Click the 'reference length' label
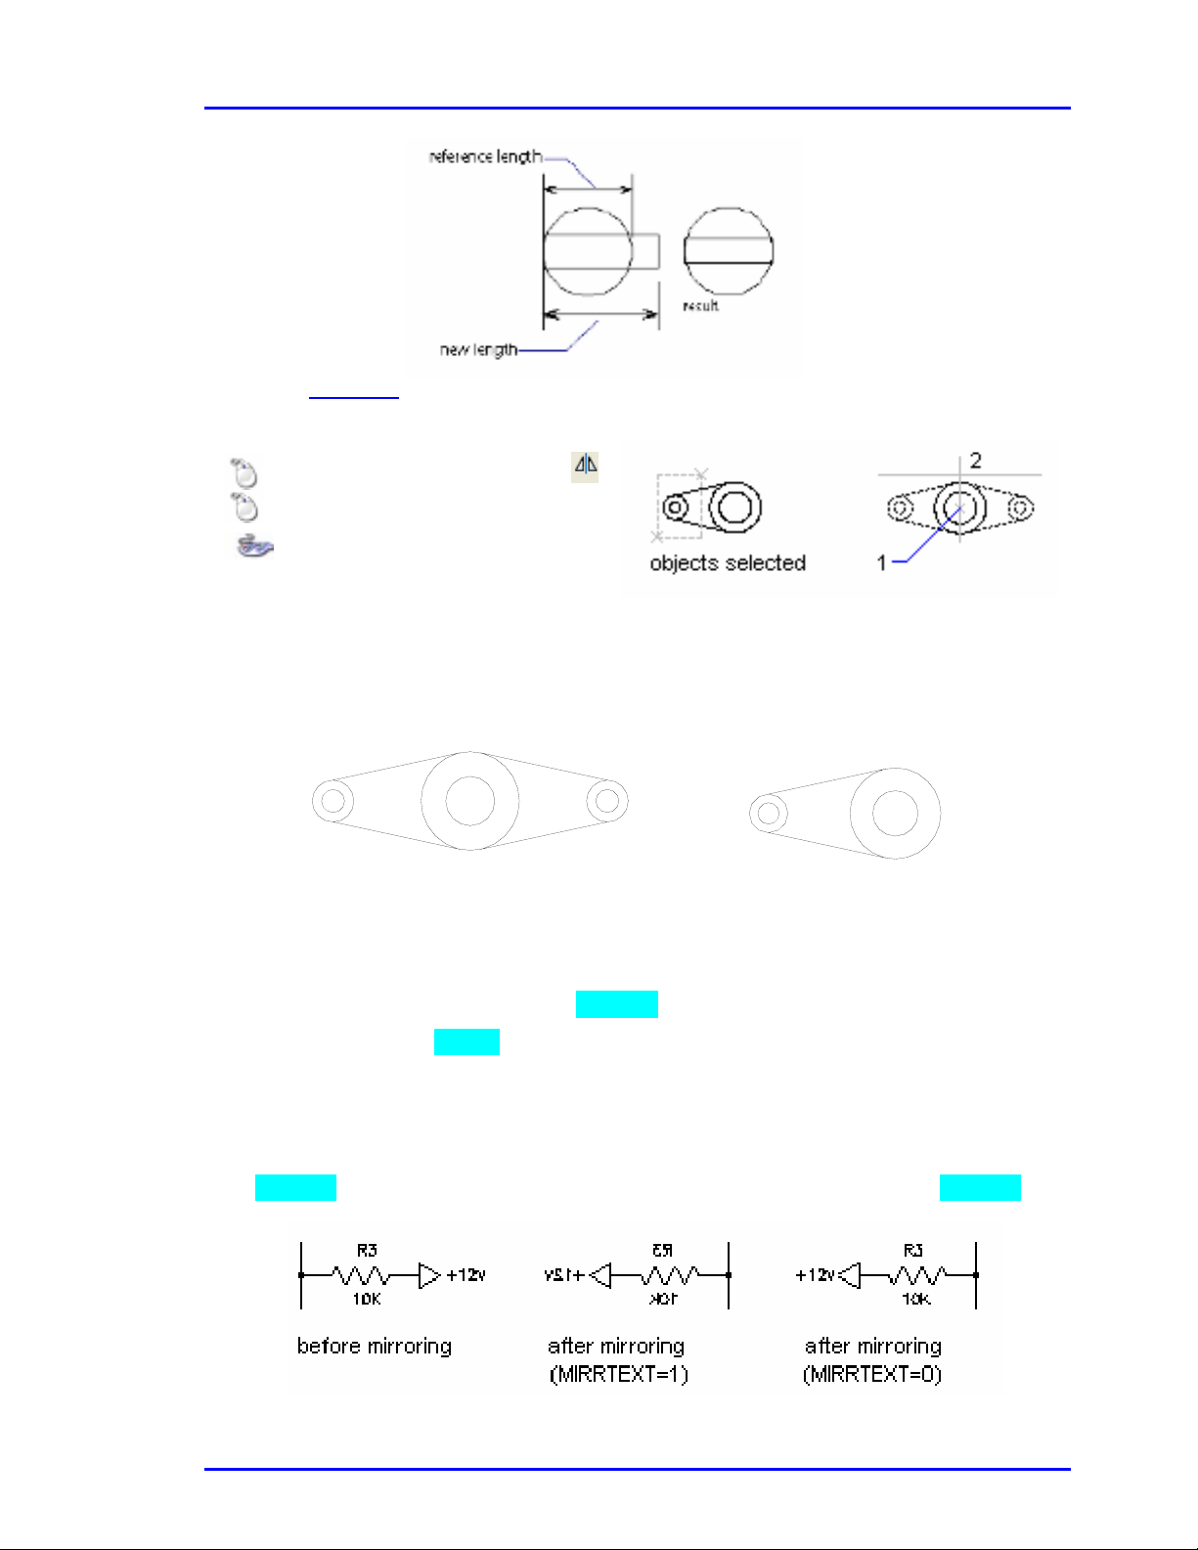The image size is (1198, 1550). click(x=484, y=156)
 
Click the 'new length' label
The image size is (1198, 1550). click(x=478, y=349)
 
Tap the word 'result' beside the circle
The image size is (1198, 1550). click(x=700, y=306)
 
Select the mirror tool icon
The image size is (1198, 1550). click(x=585, y=466)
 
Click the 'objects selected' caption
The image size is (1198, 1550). click(x=728, y=563)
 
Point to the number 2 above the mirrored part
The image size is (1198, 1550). click(x=975, y=460)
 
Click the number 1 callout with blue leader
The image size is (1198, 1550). click(x=881, y=562)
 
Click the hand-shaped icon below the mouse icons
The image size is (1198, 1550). click(x=253, y=545)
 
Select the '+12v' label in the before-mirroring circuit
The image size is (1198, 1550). click(x=466, y=1275)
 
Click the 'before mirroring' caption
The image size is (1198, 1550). click(x=375, y=1347)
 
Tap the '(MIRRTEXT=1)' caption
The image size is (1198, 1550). click(x=618, y=1375)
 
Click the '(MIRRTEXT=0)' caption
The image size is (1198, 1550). click(x=872, y=1375)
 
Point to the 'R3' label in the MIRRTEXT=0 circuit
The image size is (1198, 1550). click(x=913, y=1250)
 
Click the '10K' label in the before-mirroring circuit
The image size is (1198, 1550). click(x=367, y=1300)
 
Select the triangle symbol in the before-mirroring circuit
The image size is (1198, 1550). click(x=429, y=1275)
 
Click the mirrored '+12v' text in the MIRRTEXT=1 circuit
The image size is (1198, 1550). click(x=565, y=1275)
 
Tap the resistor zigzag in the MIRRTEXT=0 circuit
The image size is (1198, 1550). click(x=916, y=1275)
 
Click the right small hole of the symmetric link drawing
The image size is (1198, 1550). click(x=607, y=801)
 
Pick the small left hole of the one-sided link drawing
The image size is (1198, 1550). click(x=769, y=812)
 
